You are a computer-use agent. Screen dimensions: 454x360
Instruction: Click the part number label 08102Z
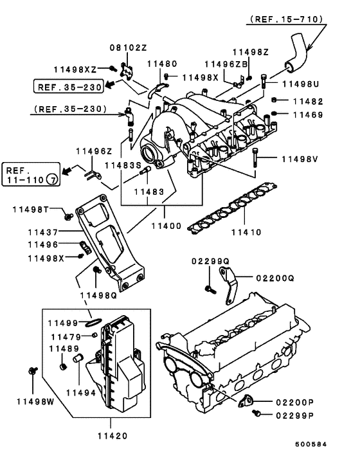(x=129, y=48)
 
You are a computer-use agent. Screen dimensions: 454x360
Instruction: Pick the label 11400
(x=166, y=228)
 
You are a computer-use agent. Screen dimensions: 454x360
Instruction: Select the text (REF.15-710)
(x=286, y=20)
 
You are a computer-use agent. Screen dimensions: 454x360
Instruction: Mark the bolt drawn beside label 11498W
(x=33, y=372)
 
